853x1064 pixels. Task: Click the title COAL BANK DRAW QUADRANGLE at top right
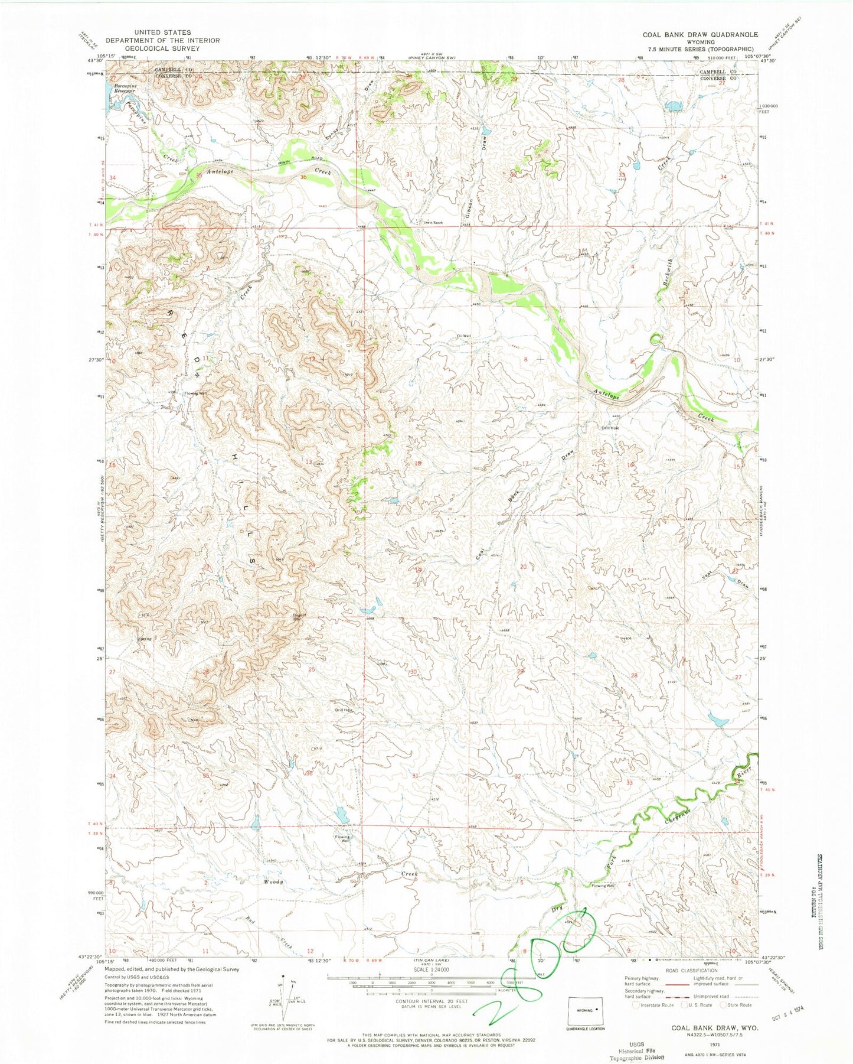(x=700, y=34)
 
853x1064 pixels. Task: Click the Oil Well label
(x=464, y=336)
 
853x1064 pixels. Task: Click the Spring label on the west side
(x=144, y=639)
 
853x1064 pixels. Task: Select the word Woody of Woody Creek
(x=274, y=881)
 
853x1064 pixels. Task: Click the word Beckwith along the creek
(x=664, y=281)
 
